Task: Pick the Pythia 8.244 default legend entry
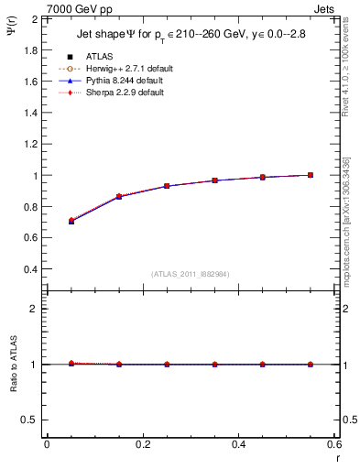124,81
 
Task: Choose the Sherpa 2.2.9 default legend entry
124,93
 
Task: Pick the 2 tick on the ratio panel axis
33,309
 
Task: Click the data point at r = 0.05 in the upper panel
71,221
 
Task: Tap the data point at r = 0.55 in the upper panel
311,175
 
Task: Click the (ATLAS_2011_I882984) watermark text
191,274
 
